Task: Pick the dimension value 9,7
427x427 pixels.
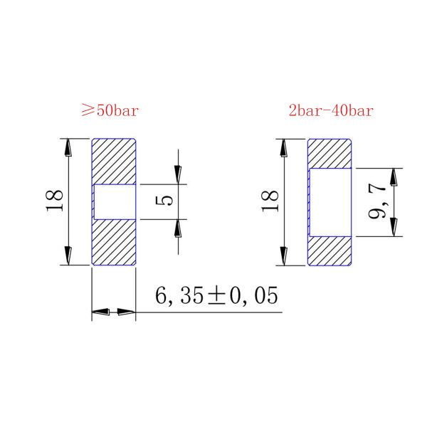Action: [x=378, y=201]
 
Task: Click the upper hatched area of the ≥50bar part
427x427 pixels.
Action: [x=114, y=161]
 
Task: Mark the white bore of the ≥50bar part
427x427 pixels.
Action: [x=115, y=201]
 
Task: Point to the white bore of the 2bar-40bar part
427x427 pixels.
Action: [x=332, y=202]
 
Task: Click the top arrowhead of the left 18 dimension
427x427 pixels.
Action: [x=69, y=147]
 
